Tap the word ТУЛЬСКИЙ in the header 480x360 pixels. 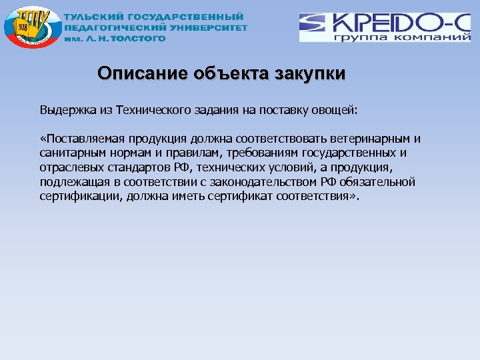pos(92,17)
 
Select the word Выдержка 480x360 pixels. pos(65,110)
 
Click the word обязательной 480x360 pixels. pos(380,182)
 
